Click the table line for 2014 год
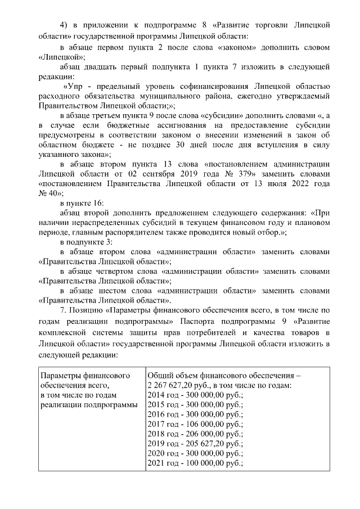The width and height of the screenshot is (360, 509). click(193, 396)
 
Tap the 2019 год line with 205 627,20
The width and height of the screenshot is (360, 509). click(193, 444)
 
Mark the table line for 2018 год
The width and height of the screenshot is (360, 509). click(193, 434)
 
